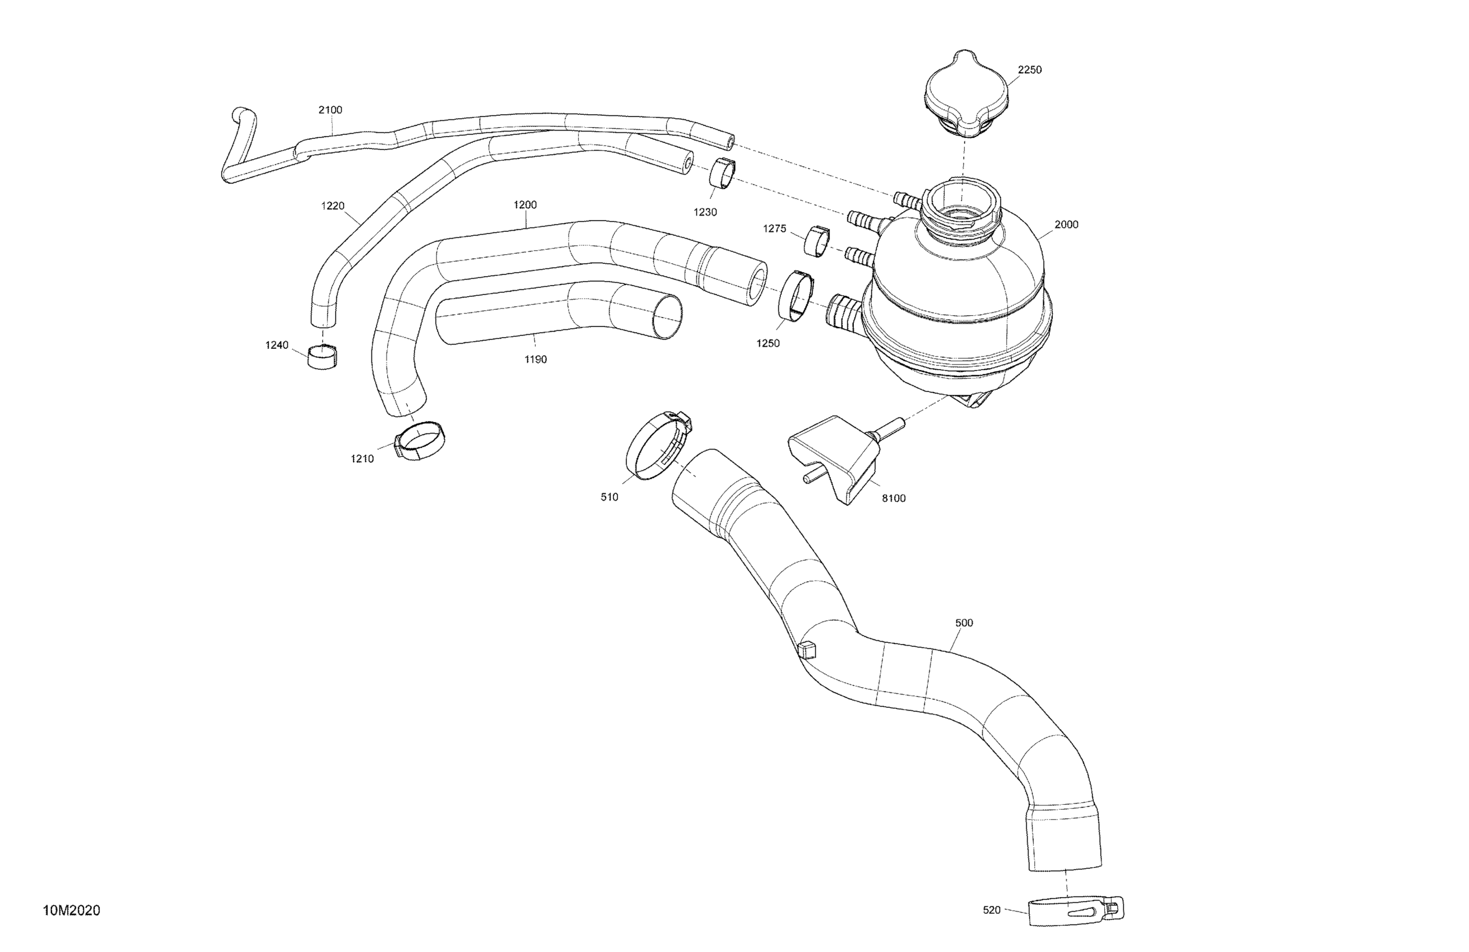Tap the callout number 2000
(x=1066, y=225)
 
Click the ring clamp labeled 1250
(x=797, y=297)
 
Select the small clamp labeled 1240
(x=322, y=357)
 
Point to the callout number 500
(x=964, y=623)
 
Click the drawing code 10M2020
(x=72, y=911)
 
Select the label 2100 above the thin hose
(x=330, y=110)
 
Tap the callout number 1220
(x=333, y=206)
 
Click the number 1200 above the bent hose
(x=524, y=205)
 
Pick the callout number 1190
(x=535, y=360)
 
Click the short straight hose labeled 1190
(x=556, y=315)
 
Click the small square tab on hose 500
(x=807, y=650)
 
